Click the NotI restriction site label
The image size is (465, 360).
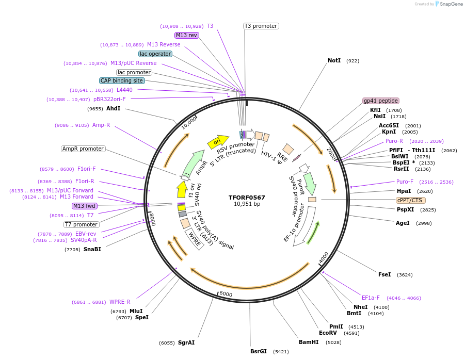point(334,60)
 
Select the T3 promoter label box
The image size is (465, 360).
point(261,26)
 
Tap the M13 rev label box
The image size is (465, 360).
point(186,35)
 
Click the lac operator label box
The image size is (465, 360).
point(155,54)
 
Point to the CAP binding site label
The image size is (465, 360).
point(122,80)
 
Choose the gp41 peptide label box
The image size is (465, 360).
point(381,101)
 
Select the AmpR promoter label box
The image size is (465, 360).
point(83,149)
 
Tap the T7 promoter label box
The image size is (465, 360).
point(81,224)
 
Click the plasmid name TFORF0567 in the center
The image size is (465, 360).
point(247,198)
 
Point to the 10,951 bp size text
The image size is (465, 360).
point(247,204)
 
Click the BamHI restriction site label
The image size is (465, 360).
point(309,342)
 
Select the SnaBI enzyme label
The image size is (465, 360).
point(92,249)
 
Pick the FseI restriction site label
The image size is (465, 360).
point(384,274)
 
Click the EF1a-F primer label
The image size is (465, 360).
point(371,298)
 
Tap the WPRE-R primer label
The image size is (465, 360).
point(120,302)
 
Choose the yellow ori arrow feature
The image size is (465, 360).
point(218,141)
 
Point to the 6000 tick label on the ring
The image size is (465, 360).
point(226,294)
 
